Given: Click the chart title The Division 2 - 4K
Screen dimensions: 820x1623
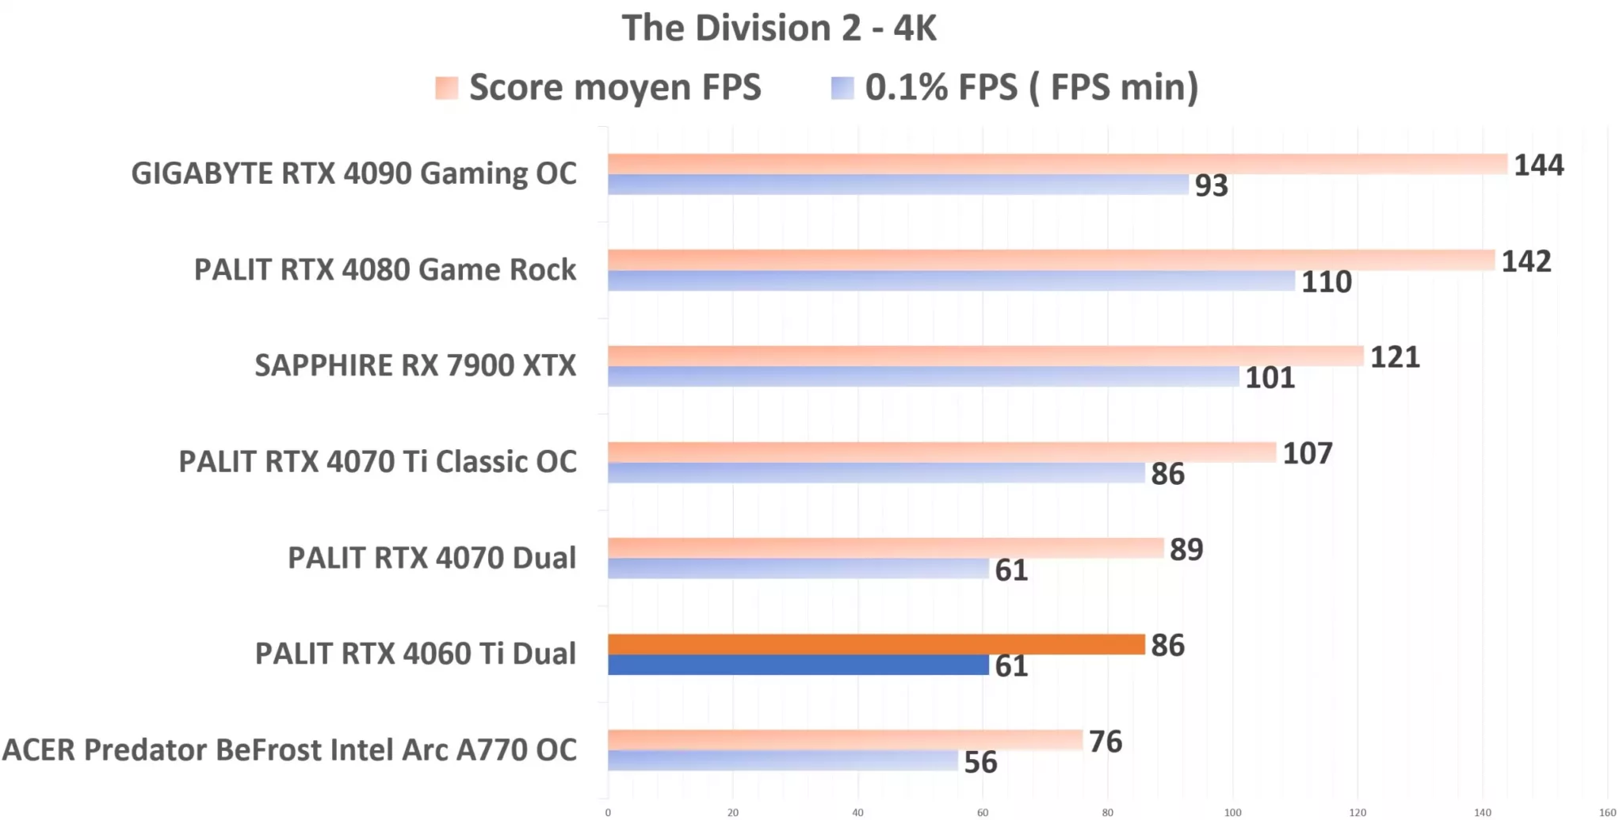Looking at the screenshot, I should [779, 29].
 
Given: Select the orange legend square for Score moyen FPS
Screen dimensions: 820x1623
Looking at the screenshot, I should [446, 88].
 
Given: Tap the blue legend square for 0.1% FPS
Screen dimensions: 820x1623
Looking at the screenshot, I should [842, 88].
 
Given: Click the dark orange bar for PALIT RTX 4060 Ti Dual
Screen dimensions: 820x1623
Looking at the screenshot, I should [876, 644].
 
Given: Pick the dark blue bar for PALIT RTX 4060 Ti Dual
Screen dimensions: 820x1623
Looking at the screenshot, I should [797, 665].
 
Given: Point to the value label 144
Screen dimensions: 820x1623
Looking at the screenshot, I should [1538, 165].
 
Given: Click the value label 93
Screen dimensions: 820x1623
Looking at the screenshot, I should [1211, 185].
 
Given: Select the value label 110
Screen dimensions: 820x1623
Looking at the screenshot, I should [1326, 282].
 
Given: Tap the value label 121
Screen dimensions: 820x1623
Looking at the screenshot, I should [1395, 357].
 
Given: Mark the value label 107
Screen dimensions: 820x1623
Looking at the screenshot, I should [1307, 454].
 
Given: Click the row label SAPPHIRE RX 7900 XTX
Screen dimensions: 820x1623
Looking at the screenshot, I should [415, 365].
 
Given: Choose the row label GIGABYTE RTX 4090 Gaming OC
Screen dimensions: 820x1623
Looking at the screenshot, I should [353, 174].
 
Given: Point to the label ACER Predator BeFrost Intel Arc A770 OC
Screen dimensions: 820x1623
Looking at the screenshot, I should [289, 749].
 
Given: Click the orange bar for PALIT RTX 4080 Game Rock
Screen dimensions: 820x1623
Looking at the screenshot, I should [1050, 260].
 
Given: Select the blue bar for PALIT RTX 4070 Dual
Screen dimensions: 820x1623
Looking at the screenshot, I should [797, 569].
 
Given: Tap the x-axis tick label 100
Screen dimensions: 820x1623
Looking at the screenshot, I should [1232, 812].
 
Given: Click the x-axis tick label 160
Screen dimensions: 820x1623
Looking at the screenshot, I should [1607, 812].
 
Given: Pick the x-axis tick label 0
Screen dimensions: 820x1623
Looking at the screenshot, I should [608, 812].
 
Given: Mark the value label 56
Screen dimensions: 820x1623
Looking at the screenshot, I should [980, 762].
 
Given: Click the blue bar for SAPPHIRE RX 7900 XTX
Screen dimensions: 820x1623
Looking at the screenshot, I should [922, 376].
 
